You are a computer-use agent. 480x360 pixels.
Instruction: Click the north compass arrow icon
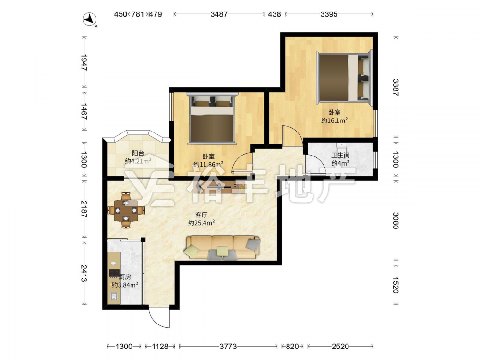90,20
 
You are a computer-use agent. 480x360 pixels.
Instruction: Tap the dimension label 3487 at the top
219,14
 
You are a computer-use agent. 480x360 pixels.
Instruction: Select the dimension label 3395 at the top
329,14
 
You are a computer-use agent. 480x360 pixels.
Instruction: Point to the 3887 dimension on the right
396,87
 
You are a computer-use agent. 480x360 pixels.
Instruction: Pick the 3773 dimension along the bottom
228,346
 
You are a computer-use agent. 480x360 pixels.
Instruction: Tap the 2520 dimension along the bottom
340,346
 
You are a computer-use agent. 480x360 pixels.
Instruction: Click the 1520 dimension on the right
396,285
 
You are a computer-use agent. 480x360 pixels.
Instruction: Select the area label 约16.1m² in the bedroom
334,120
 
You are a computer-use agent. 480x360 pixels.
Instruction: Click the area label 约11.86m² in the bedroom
208,164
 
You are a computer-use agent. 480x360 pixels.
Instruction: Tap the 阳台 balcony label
138,153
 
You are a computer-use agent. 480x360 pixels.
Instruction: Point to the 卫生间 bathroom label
340,155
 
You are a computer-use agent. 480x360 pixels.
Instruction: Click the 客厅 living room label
201,215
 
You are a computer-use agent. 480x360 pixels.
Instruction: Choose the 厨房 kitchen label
125,277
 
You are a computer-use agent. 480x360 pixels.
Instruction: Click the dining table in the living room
126,210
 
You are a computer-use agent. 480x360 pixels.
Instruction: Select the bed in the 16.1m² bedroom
344,78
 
